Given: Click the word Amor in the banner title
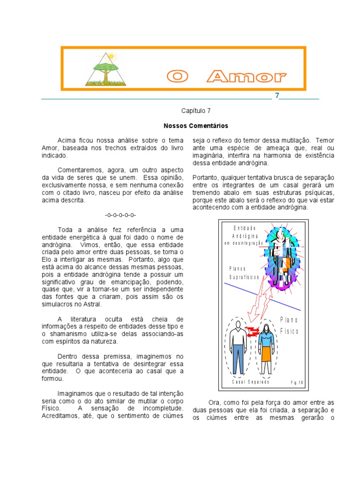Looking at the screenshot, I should (247, 76).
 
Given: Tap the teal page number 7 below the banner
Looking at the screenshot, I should (277, 96).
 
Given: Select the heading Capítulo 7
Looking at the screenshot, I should (196, 111).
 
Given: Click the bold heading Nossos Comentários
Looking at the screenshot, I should (196, 126).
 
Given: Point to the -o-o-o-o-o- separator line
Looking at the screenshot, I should (120, 215).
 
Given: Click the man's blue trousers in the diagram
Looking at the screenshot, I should (239, 357).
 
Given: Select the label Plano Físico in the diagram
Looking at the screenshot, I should (289, 325).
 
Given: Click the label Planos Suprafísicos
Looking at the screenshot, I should (243, 273).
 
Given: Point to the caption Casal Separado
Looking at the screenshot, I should (251, 382).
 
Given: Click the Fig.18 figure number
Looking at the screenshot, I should (297, 382).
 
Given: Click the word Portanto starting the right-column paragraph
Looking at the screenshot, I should (206, 178).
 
